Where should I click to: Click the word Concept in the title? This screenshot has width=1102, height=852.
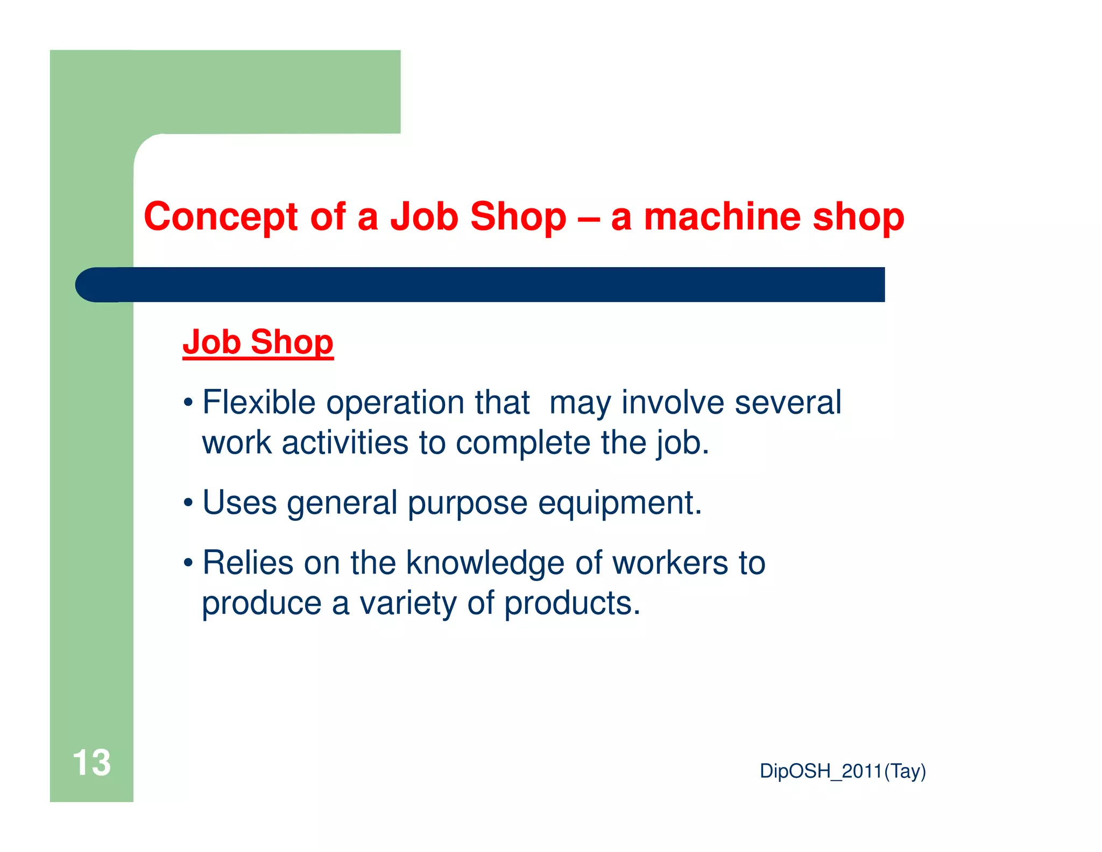(x=220, y=217)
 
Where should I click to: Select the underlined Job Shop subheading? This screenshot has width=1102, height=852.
(x=258, y=342)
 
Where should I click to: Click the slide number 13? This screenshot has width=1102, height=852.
(x=91, y=763)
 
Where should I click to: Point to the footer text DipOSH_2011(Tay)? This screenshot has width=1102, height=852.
(x=842, y=771)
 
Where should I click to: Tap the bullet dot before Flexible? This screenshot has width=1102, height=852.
(x=188, y=403)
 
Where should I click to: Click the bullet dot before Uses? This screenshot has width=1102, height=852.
(x=188, y=503)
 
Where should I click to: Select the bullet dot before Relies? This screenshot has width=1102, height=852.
(x=188, y=563)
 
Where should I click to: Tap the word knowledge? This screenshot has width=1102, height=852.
(x=485, y=563)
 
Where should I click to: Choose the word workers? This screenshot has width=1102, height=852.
(x=670, y=563)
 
